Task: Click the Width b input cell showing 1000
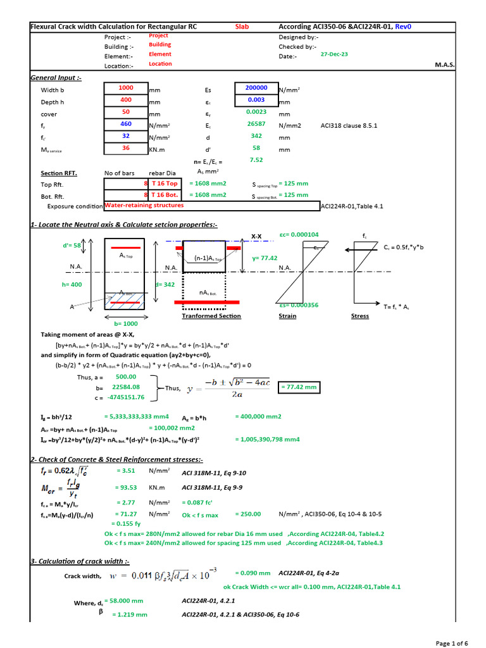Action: click(x=125, y=88)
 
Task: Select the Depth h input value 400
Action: click(x=125, y=100)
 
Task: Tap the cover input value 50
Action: click(x=125, y=112)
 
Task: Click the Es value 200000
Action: click(x=256, y=88)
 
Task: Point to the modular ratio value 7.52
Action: click(x=256, y=160)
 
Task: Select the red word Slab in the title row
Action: click(x=242, y=27)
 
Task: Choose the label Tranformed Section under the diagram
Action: click(x=211, y=316)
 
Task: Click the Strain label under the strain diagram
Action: click(x=287, y=316)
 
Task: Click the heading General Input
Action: click(x=56, y=77)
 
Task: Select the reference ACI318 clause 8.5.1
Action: click(x=349, y=125)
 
